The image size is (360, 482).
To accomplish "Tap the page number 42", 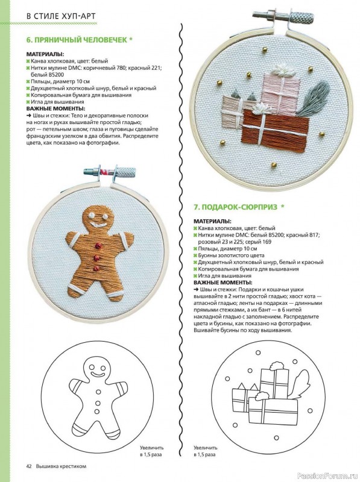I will [28, 466].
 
